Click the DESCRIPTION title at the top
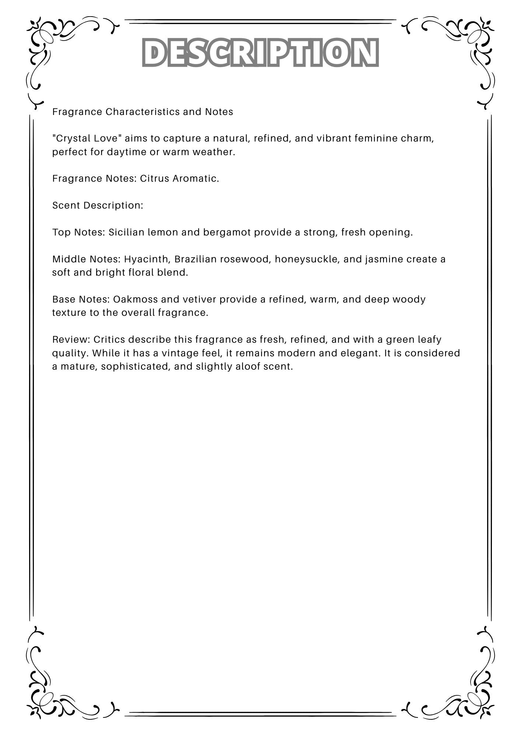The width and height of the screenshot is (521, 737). (260, 52)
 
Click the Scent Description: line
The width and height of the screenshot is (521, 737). (98, 205)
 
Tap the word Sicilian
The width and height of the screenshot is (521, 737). (126, 233)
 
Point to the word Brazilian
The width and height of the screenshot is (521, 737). (195, 259)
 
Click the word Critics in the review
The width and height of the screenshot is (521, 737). (109, 339)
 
